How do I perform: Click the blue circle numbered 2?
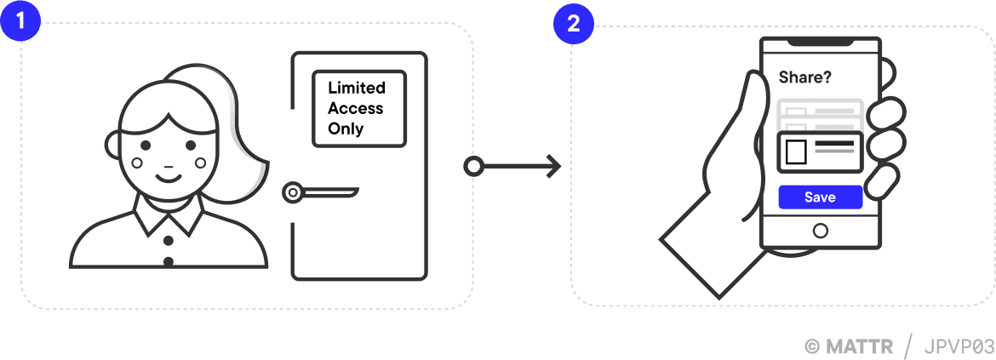pyautogui.click(x=573, y=22)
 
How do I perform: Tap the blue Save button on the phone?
pyautogui.click(x=820, y=197)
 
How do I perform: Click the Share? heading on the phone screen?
pyautogui.click(x=804, y=77)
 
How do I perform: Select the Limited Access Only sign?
pyautogui.click(x=358, y=109)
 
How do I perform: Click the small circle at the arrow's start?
pyautogui.click(x=473, y=166)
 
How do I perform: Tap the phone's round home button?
pyautogui.click(x=820, y=231)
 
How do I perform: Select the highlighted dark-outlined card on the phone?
pyautogui.click(x=820, y=151)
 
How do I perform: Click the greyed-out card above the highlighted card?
pyautogui.click(x=820, y=113)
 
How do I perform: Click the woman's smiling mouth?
pyautogui.click(x=169, y=178)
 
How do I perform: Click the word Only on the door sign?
pyautogui.click(x=346, y=129)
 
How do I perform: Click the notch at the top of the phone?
pyautogui.click(x=819, y=42)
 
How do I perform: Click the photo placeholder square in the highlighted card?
pyautogui.click(x=795, y=151)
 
